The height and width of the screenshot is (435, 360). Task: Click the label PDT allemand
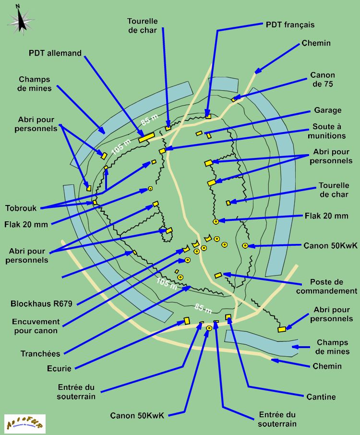pyautogui.click(x=55, y=53)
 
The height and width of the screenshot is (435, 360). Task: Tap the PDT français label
pyautogui.click(x=290, y=24)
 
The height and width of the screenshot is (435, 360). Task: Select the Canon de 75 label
pyautogui.click(x=323, y=79)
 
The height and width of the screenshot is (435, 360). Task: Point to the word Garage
pyautogui.click(x=328, y=110)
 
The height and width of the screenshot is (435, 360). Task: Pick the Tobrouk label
pyautogui.click(x=21, y=208)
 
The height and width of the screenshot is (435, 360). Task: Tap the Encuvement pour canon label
pyautogui.click(x=37, y=326)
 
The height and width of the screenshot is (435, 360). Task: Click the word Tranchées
pyautogui.click(x=40, y=354)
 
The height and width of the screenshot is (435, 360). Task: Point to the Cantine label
pyautogui.click(x=321, y=397)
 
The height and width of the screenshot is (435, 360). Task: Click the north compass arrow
pyautogui.click(x=21, y=19)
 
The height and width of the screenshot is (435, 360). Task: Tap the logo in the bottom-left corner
pyautogui.click(x=24, y=424)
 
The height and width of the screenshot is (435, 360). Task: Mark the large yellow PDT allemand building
pyautogui.click(x=146, y=137)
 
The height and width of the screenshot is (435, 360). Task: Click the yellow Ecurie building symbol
pyautogui.click(x=187, y=320)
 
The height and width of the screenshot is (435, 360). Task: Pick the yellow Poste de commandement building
pyautogui.click(x=218, y=275)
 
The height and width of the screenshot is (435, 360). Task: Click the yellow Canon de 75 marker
pyautogui.click(x=234, y=99)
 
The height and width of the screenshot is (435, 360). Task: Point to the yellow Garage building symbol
pyautogui.click(x=199, y=133)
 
